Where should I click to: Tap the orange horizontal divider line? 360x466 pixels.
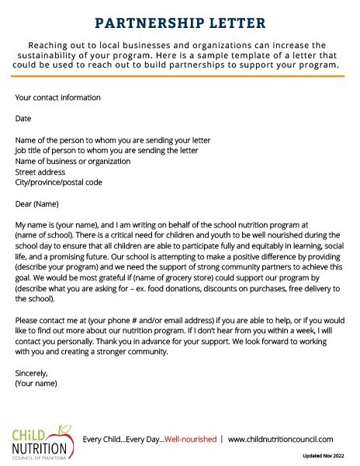180,78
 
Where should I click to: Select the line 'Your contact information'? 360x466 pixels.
57,98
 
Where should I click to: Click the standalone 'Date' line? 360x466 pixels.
23,119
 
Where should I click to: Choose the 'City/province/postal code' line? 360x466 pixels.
58,183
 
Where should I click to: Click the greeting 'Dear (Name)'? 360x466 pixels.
37,203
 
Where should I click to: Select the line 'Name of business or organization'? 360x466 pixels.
73,161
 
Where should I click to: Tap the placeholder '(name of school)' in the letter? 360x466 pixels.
43,235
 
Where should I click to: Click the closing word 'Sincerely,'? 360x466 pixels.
32,372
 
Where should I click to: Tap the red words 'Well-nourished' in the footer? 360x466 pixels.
191,440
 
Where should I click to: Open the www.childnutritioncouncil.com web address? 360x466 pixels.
281,440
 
